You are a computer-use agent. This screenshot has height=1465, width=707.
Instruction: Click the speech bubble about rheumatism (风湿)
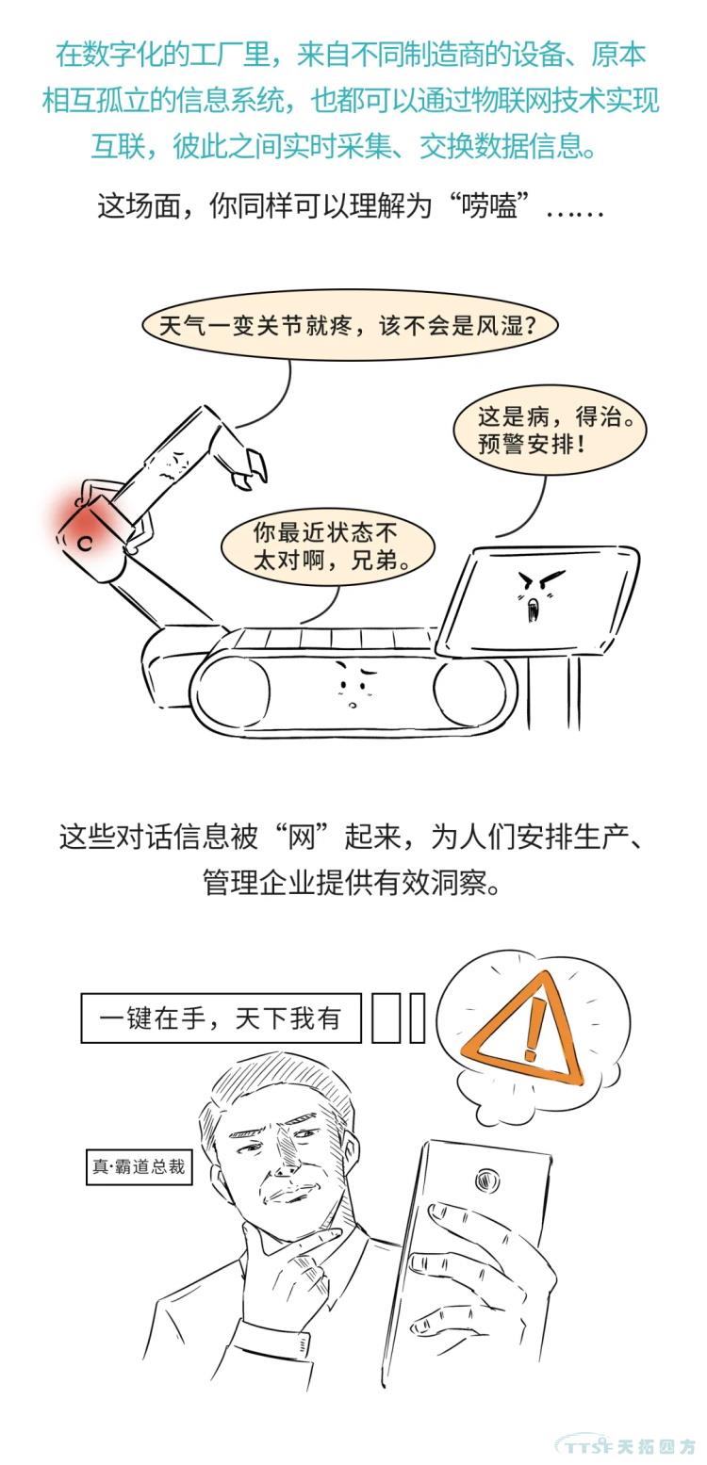[349, 325]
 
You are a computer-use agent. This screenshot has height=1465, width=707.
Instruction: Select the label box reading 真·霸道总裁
[139, 1166]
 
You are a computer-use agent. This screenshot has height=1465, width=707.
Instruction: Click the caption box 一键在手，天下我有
[221, 1017]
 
